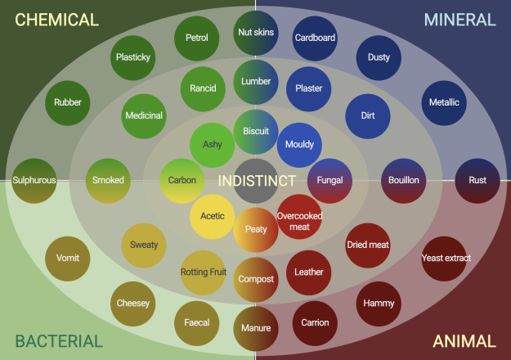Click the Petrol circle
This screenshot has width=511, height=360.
(197, 38)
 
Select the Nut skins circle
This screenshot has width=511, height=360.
(256, 33)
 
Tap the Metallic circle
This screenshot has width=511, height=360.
(444, 103)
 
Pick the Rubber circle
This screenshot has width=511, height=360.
(68, 103)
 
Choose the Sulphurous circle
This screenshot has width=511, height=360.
(34, 181)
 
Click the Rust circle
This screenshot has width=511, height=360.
(477, 181)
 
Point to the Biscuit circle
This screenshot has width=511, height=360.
(256, 132)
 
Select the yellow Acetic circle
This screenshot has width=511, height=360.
(212, 217)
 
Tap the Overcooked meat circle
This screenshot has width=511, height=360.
(299, 217)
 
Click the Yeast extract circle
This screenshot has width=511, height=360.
(444, 259)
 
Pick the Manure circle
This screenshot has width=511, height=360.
(256, 329)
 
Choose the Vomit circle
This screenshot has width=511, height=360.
(68, 259)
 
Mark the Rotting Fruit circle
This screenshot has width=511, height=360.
(204, 273)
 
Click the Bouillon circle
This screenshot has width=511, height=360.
(404, 181)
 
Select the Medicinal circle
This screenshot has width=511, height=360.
(144, 116)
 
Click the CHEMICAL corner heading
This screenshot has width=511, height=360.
(57, 20)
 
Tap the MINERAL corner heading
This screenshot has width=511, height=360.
(459, 20)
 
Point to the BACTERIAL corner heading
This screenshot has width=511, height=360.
(59, 341)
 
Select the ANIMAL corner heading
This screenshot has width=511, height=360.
(464, 341)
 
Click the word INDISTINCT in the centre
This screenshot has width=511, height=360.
(257, 181)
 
